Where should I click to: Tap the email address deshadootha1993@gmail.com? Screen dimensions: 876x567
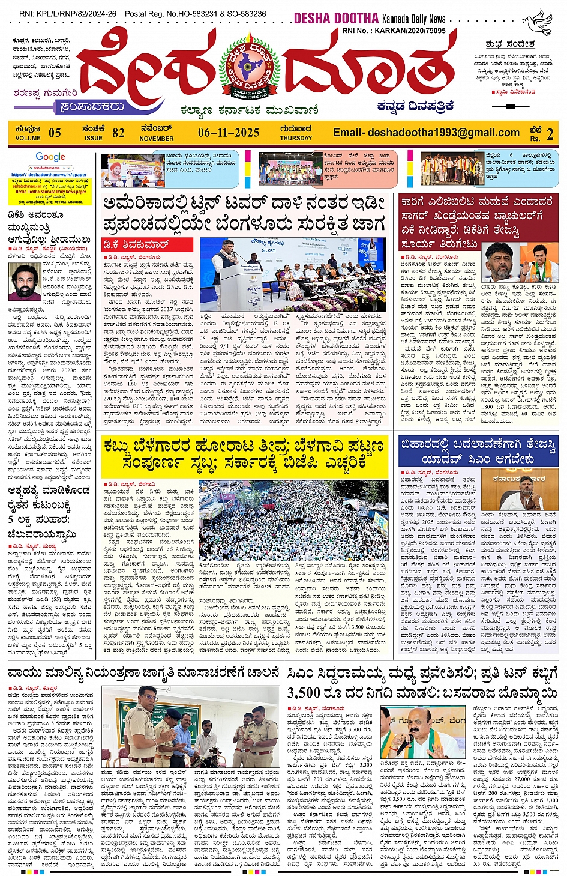click(x=426, y=133)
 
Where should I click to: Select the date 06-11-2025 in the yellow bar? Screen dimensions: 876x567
click(x=228, y=133)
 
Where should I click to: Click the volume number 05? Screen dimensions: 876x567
click(x=55, y=133)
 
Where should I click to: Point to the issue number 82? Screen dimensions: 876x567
click(x=118, y=133)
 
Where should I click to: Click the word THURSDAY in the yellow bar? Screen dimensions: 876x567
click(x=296, y=138)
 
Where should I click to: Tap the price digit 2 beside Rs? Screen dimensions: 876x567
click(x=550, y=134)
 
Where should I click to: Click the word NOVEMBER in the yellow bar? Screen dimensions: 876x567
click(x=157, y=139)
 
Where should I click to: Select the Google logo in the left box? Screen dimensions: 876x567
click(x=50, y=157)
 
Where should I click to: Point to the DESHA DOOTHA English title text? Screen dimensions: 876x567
click(x=336, y=19)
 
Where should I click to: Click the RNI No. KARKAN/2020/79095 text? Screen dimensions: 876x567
click(x=394, y=30)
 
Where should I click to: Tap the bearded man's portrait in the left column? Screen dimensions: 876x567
click(x=25, y=281)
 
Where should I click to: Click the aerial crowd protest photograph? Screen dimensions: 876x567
click(x=292, y=520)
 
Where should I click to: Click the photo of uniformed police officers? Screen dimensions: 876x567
click(x=191, y=726)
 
